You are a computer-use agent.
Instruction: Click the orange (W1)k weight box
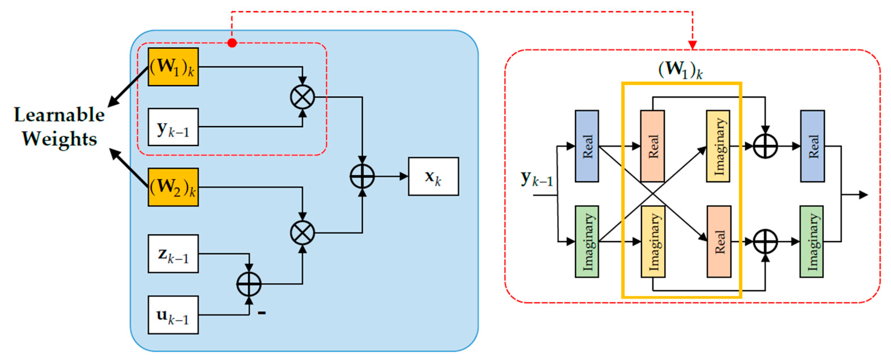[173, 67]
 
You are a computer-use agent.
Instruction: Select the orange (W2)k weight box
[173, 187]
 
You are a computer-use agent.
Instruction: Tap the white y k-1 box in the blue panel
[173, 127]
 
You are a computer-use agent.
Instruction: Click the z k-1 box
[173, 254]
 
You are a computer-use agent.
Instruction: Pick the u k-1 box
[173, 315]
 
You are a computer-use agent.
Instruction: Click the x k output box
[433, 176]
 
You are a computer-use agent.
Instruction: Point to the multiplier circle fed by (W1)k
[303, 97]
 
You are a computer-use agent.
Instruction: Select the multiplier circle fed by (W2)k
[303, 233]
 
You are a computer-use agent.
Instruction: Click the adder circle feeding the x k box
[362, 176]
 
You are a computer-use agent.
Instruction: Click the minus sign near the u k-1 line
[262, 313]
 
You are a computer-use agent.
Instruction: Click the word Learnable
[59, 115]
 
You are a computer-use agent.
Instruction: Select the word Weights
[59, 139]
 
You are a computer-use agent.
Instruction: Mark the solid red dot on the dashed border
[232, 43]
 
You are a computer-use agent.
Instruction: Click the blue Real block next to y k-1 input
[587, 146]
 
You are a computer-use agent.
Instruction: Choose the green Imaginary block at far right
[812, 241]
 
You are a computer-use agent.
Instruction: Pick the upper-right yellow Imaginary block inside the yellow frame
[718, 146]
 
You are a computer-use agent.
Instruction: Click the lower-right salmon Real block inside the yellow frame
[719, 241]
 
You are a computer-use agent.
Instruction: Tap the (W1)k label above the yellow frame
[680, 70]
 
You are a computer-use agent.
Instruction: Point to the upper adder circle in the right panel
[765, 146]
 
